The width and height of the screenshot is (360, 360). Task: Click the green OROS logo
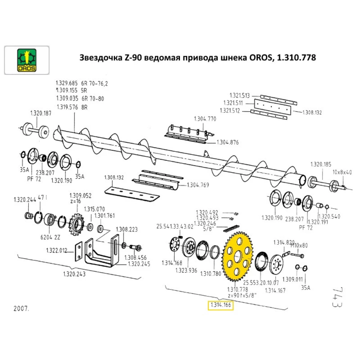tap(26, 60)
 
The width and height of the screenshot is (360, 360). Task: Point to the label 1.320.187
tap(41, 113)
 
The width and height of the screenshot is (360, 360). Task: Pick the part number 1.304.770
tap(205, 119)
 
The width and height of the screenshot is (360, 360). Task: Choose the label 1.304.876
tap(228, 143)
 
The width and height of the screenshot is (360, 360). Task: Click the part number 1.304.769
tap(198, 185)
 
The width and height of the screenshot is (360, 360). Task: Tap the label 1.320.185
tap(321, 165)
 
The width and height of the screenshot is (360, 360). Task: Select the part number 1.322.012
tap(57, 250)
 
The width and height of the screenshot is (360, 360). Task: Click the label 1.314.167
tap(275, 290)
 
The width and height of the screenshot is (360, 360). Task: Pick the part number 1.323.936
tap(186, 270)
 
